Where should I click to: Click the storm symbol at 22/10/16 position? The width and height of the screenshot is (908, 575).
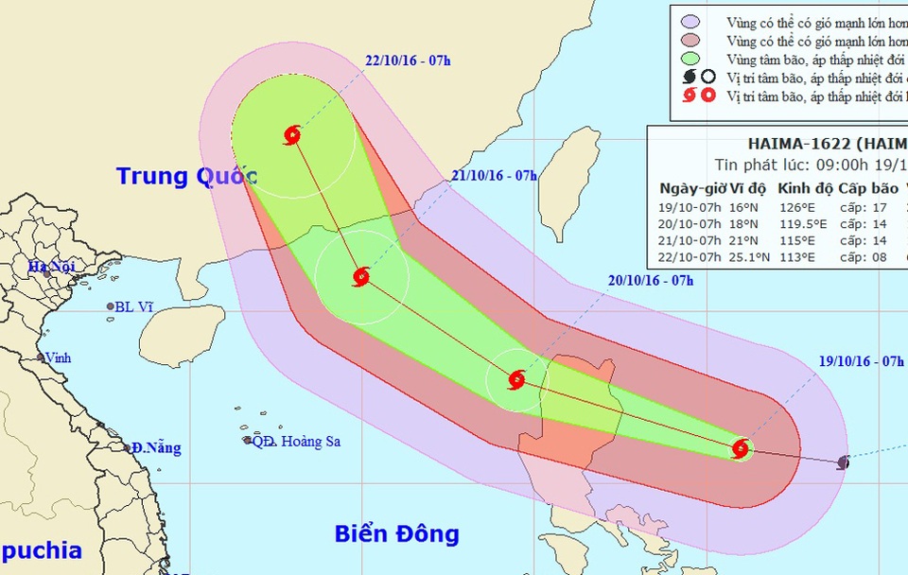point(292,135)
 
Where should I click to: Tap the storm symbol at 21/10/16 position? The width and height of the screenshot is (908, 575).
point(360,277)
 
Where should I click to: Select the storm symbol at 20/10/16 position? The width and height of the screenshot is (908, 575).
point(516,380)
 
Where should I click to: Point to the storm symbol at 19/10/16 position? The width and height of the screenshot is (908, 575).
point(742,449)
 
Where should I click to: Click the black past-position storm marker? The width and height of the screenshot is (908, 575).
point(844,462)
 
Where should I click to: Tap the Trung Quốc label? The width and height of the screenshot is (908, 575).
point(187,176)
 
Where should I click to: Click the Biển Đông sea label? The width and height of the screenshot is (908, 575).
point(396,533)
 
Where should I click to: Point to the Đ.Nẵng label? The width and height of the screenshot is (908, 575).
point(156,447)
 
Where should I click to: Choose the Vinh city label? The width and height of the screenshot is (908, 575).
point(58,358)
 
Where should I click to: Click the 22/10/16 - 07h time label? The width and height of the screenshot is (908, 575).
point(408,62)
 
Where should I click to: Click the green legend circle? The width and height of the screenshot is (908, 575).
point(690,61)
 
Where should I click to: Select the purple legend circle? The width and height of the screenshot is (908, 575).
point(690,21)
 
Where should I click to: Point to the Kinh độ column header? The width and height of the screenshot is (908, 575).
point(801,188)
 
